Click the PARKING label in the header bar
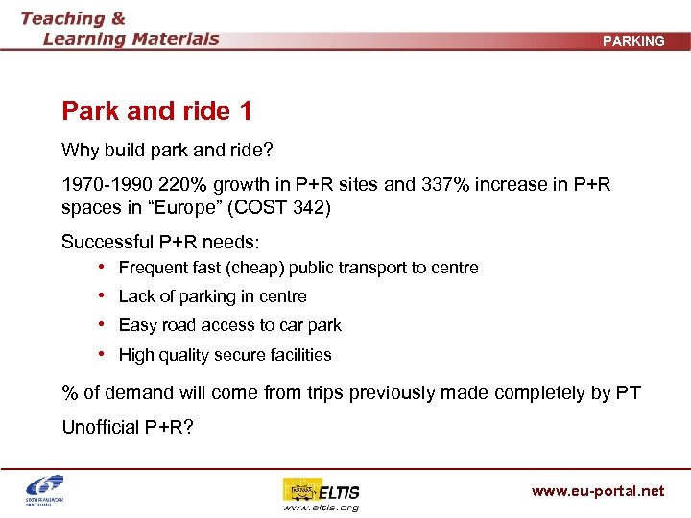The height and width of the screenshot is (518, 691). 633,41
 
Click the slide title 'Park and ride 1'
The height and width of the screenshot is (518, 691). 156,111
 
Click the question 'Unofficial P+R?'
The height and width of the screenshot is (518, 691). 128,427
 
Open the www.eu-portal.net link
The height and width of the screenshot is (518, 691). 597,491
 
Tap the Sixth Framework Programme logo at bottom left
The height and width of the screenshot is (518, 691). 45,492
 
